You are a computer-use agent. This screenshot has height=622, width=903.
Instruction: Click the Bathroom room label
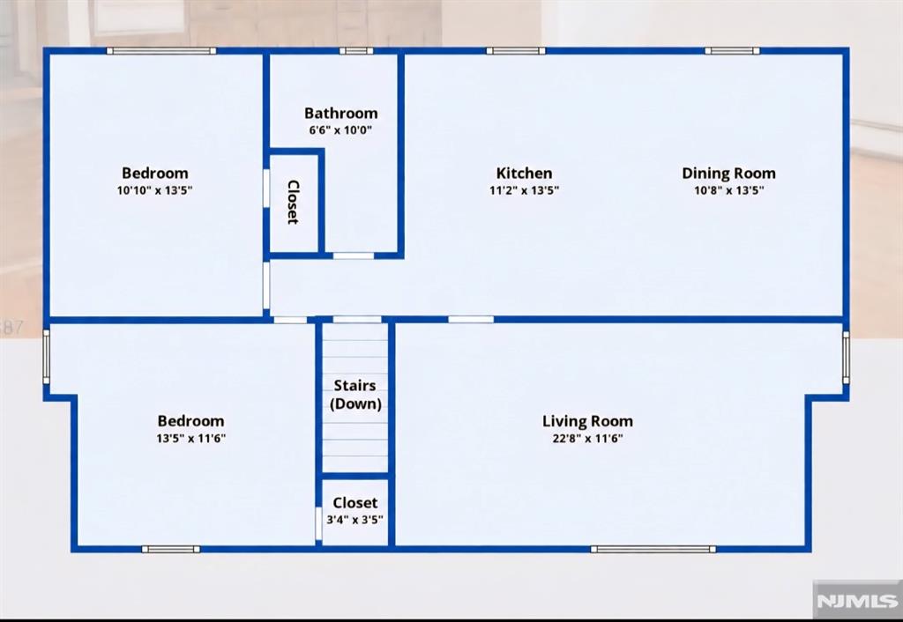point(341,113)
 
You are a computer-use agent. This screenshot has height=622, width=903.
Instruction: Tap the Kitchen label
point(524,174)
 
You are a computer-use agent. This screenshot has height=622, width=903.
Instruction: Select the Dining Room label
point(728,174)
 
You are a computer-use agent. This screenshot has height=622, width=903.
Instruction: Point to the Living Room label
point(587,421)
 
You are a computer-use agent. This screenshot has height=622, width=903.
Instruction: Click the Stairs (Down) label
point(355,395)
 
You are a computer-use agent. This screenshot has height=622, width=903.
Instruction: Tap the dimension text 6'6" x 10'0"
point(340,130)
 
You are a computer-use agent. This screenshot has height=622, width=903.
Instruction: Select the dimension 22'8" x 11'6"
point(587,439)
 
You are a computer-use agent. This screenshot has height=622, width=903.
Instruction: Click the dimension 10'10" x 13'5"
point(154,190)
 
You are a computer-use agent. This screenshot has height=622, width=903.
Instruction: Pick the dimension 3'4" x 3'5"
point(354,520)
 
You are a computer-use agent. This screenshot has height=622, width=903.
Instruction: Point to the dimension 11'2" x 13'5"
point(524,190)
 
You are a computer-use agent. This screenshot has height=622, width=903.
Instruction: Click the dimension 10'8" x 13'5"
point(728,190)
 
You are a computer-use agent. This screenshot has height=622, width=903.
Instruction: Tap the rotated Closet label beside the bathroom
point(293,202)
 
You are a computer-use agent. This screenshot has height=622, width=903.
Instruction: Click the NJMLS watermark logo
point(857,601)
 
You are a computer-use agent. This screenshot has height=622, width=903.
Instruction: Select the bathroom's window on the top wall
point(356,50)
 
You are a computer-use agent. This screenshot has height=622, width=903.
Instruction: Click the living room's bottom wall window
point(653,549)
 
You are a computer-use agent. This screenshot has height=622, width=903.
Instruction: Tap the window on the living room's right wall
point(846,357)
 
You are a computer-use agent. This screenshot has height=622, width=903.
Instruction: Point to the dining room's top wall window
point(732,50)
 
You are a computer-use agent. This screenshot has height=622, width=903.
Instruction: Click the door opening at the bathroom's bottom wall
point(354,255)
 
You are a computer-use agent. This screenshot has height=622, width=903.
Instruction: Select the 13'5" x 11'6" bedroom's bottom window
point(171,549)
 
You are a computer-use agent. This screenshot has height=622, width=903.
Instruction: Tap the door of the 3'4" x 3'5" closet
point(318,523)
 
